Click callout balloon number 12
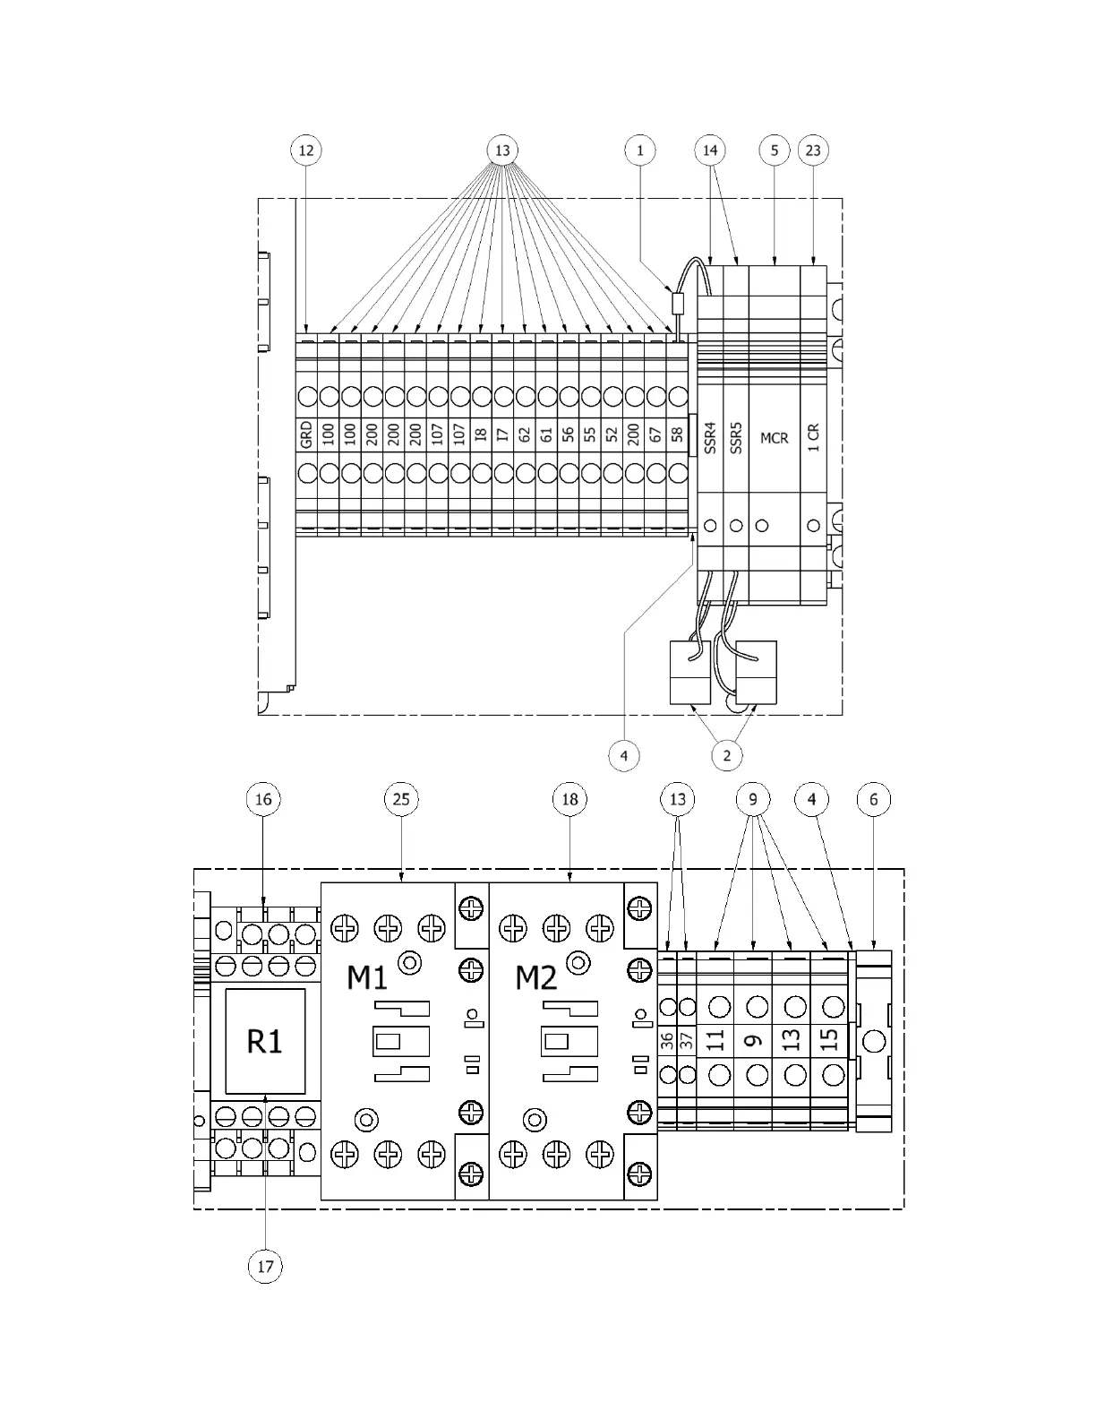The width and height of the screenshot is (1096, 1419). click(306, 150)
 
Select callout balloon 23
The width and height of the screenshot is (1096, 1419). click(813, 150)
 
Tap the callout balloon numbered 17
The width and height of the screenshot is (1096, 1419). click(265, 1267)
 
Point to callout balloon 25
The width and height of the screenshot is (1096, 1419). click(401, 798)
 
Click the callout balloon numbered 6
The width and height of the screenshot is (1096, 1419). click(874, 798)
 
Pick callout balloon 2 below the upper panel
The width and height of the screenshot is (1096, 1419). click(726, 755)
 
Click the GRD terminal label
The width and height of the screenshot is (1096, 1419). click(306, 434)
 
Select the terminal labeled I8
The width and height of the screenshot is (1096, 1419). click(481, 434)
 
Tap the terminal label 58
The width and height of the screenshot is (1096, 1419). click(678, 434)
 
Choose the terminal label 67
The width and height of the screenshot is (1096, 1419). click(655, 434)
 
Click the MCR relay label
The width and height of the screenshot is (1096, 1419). click(775, 438)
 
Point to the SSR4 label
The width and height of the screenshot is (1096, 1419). click(710, 438)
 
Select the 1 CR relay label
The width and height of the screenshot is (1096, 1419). click(813, 437)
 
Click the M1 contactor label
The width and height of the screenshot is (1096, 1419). click(367, 977)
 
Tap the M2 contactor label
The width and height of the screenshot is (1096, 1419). click(535, 977)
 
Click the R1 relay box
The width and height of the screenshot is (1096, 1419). click(265, 1041)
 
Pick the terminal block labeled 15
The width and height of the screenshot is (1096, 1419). click(829, 1040)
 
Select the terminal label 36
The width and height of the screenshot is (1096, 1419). click(667, 1041)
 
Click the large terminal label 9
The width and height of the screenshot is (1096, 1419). click(753, 1040)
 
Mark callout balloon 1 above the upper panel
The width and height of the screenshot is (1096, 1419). click(639, 150)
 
